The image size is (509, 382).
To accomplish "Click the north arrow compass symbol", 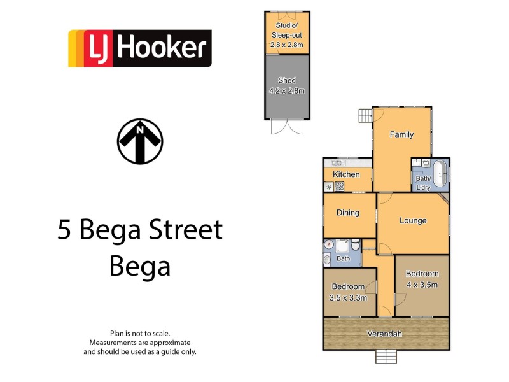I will [x=140, y=141].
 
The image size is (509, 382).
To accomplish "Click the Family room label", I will [x=401, y=134].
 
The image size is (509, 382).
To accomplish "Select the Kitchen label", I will [x=346, y=174].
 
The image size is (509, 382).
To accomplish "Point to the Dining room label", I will [x=347, y=213].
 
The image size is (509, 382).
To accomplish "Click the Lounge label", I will [x=413, y=221].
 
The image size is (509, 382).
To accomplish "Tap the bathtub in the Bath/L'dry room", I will [x=440, y=173].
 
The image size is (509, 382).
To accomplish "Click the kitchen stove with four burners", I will [x=340, y=187].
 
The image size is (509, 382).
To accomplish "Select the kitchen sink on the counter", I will [x=335, y=164].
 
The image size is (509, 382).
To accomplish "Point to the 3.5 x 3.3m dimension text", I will [x=348, y=297].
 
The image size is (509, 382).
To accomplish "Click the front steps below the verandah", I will [x=386, y=357].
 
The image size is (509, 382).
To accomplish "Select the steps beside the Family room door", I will [x=365, y=115].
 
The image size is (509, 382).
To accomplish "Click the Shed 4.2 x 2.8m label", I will [x=287, y=85].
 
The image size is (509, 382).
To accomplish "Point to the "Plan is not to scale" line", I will [x=140, y=334].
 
